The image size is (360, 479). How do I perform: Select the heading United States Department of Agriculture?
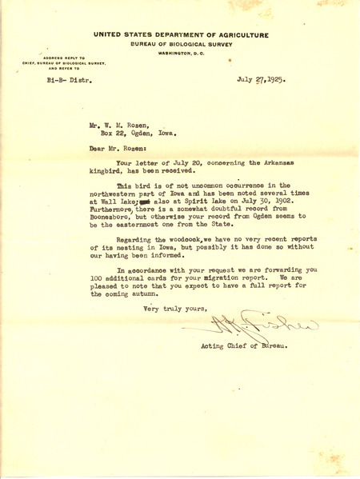click(x=180, y=36)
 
